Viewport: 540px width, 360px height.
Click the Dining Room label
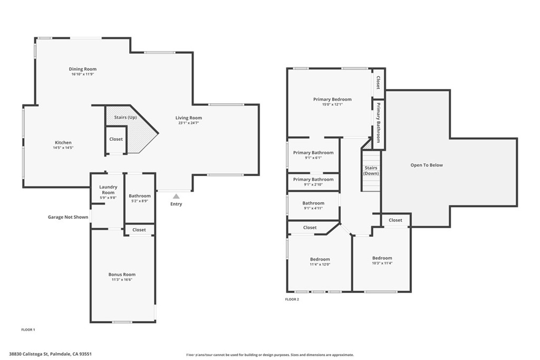tap(83, 69)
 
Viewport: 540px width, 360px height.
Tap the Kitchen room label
tap(63, 143)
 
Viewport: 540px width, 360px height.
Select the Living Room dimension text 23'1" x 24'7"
tap(189, 123)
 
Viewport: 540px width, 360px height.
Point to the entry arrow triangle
tap(176, 196)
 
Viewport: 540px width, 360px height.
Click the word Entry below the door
tap(176, 204)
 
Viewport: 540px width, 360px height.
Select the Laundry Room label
tap(108, 190)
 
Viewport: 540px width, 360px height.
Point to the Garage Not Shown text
tap(68, 217)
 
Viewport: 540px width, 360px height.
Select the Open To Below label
tap(427, 165)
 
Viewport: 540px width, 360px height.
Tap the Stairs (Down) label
tap(371, 171)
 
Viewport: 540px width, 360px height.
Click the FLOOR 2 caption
tap(292, 299)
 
